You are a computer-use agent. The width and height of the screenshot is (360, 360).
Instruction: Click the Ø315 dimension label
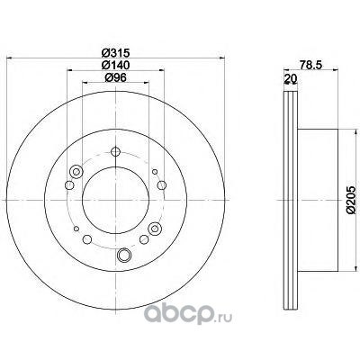115,53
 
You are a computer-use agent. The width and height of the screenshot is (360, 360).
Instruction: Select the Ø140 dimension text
115,65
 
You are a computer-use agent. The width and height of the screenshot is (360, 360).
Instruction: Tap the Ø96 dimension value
115,77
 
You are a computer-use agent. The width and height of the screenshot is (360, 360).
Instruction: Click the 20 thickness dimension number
291,78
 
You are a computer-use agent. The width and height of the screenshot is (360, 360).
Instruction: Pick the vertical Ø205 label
351,200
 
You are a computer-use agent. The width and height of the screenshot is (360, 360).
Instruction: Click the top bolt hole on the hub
115,151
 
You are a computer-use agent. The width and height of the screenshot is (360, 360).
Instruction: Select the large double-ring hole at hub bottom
124,255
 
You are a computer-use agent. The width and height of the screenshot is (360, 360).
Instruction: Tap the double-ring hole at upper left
76,172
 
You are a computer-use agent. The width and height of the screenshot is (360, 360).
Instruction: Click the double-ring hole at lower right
155,229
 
